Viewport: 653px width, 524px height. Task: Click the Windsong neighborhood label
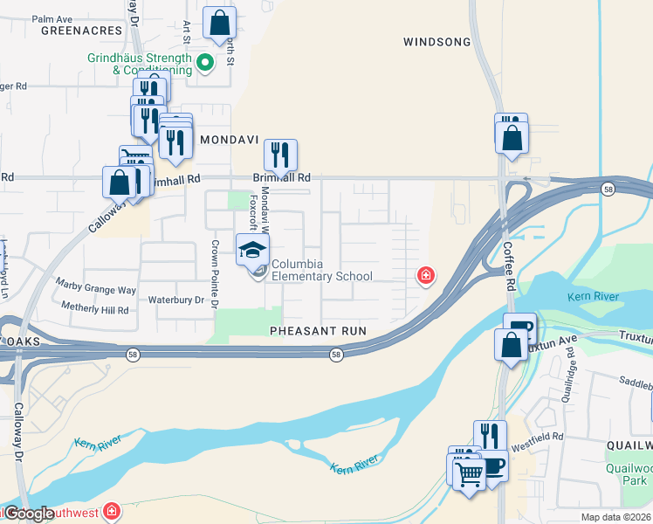coord(437,42)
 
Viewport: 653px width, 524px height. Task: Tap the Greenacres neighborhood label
coord(80,30)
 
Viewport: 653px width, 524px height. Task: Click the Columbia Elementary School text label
coord(321,271)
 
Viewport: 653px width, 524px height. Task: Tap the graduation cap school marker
coord(253,250)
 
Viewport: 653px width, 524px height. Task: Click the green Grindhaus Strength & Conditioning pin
coord(205,63)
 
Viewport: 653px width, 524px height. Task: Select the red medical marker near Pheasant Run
coord(426,276)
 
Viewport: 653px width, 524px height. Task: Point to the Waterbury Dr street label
coord(175,300)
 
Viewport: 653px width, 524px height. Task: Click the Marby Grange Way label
coord(96,285)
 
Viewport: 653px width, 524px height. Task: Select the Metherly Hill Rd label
coord(95,308)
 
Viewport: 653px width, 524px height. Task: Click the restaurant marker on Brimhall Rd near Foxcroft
coord(280,155)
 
